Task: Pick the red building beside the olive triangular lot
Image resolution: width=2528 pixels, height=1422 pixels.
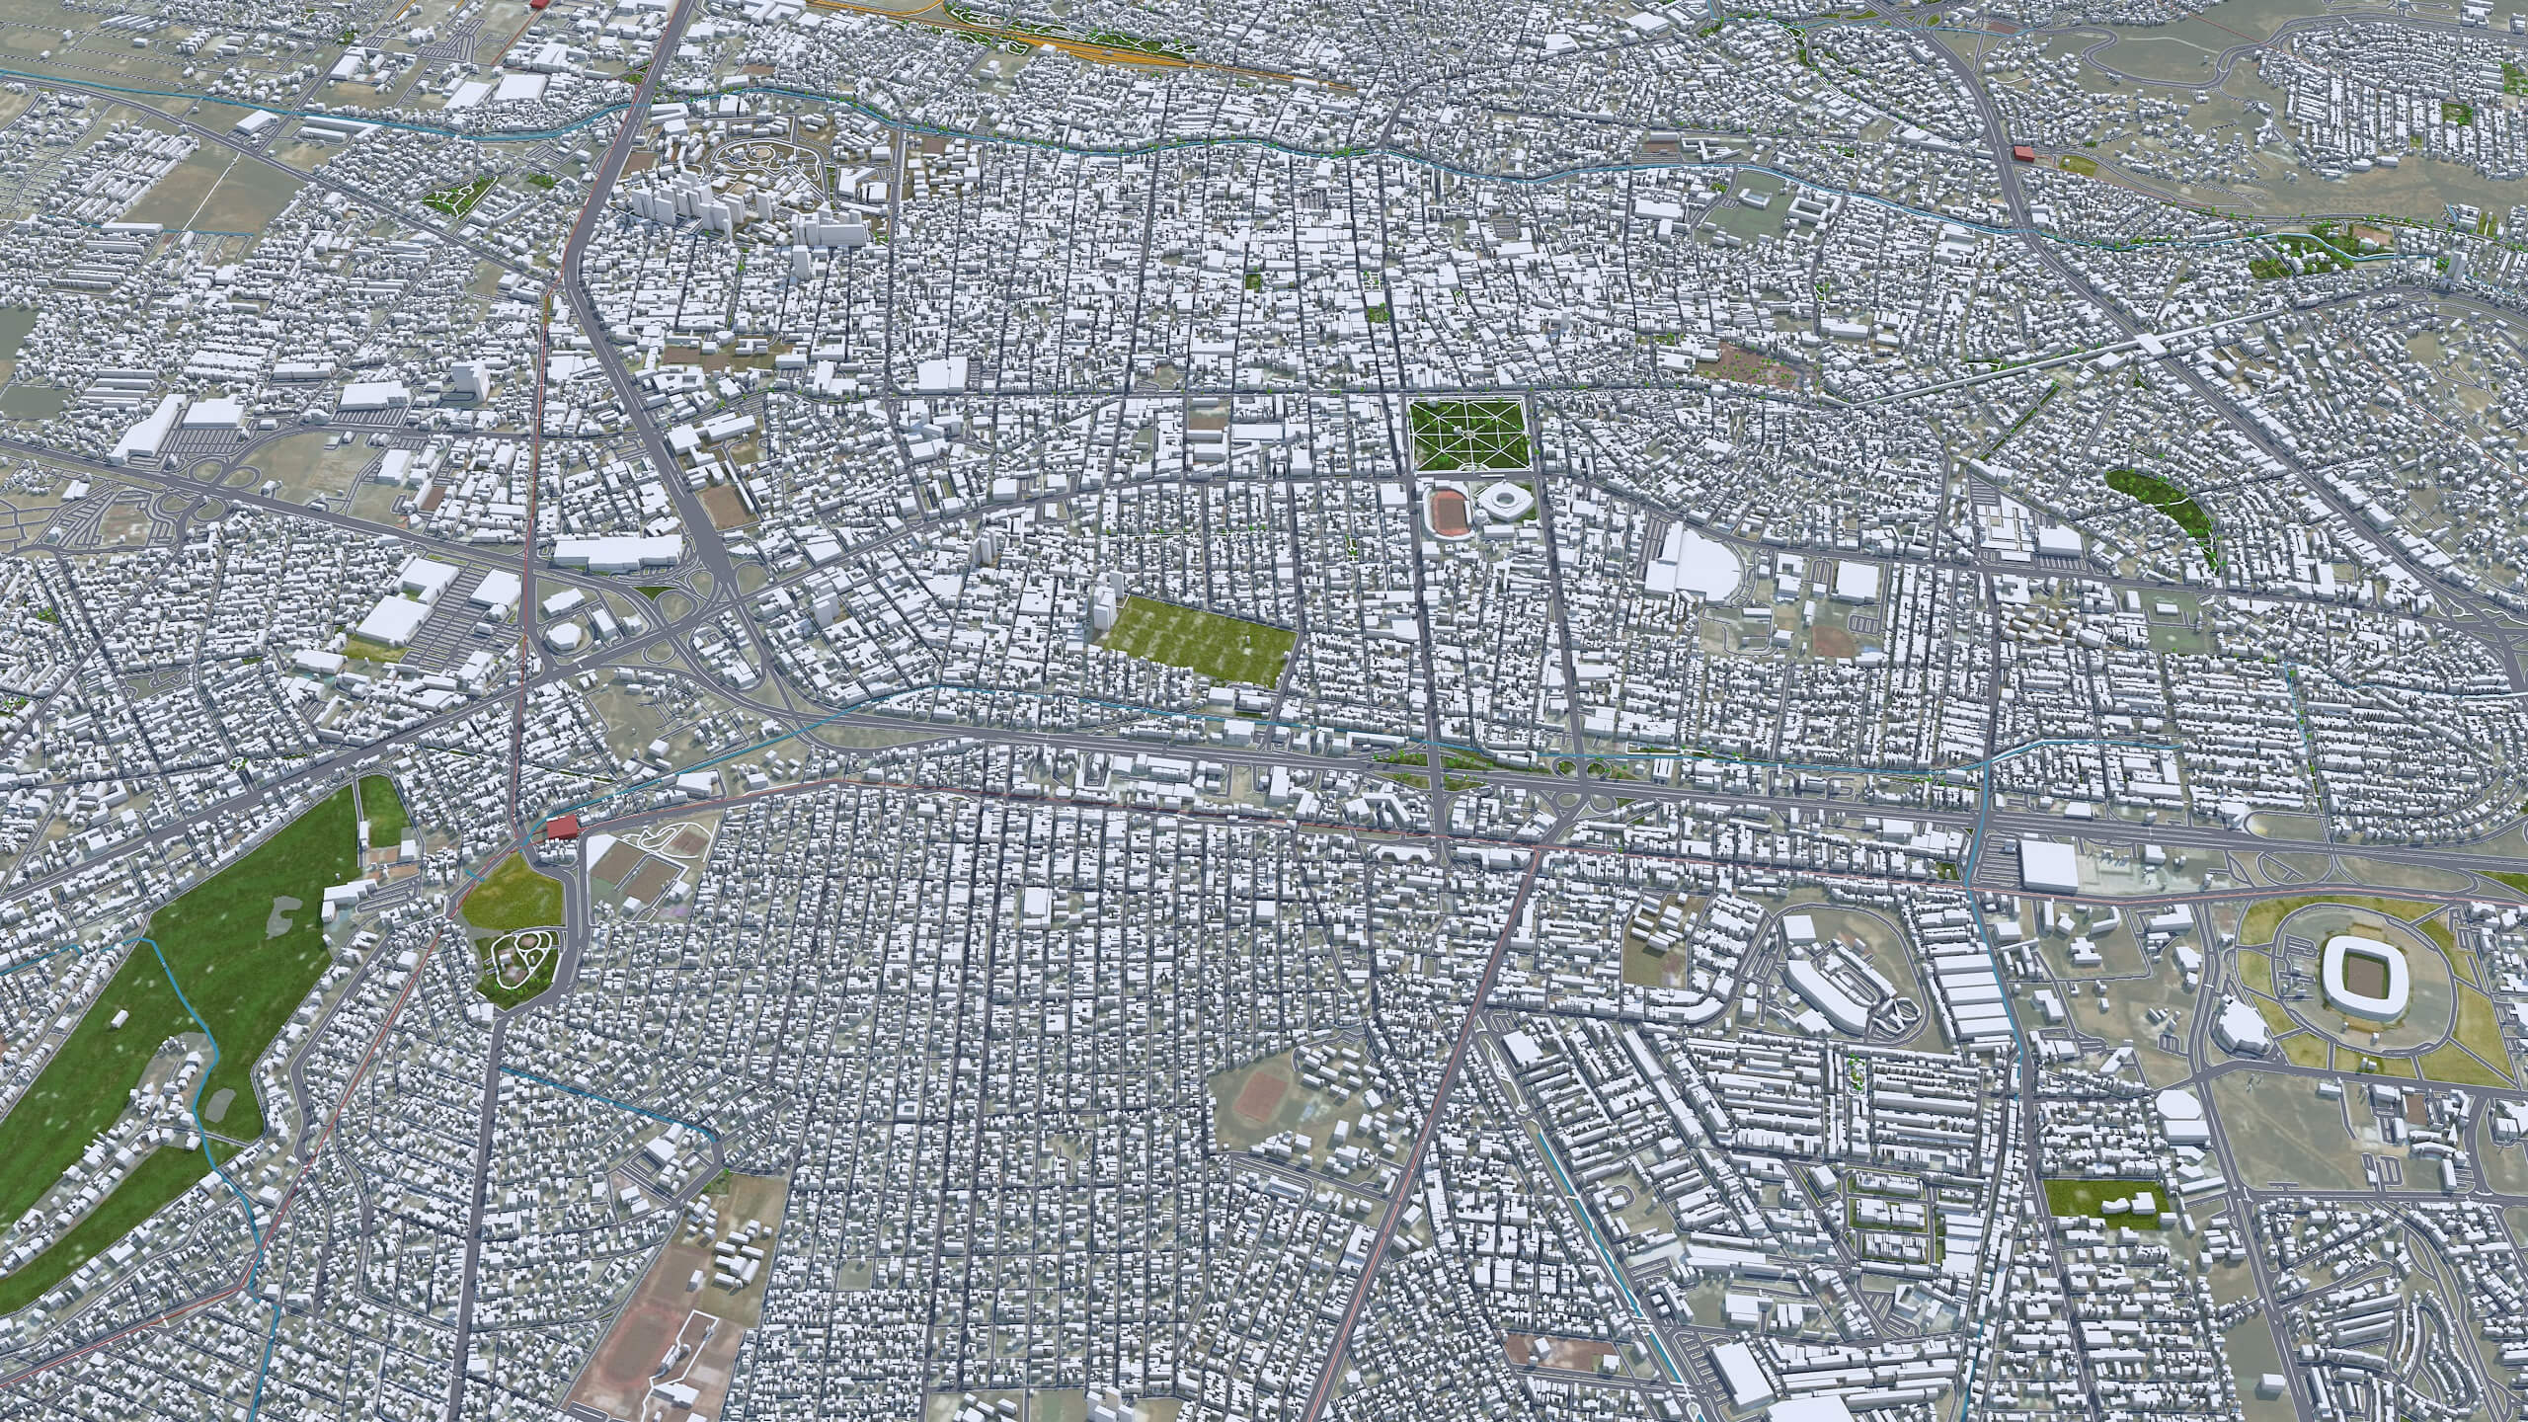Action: (x=561, y=827)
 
